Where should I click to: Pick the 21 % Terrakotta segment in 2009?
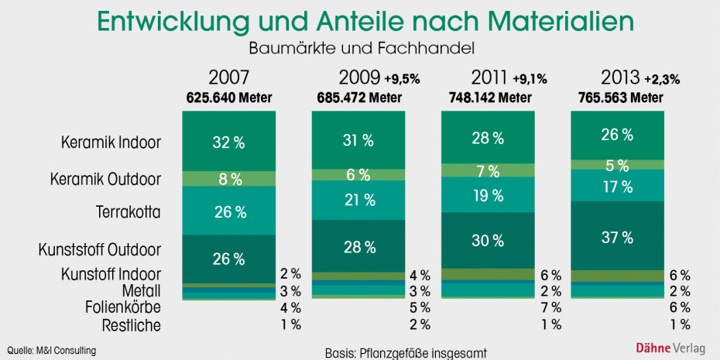click(358, 200)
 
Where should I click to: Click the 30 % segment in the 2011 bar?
click(488, 240)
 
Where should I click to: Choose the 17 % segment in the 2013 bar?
click(616, 186)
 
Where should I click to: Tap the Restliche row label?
click(131, 325)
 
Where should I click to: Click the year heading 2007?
click(229, 79)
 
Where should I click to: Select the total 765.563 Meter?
click(621, 98)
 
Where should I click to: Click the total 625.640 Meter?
click(229, 98)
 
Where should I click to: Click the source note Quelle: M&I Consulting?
click(52, 350)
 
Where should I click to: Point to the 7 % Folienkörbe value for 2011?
click(551, 308)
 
